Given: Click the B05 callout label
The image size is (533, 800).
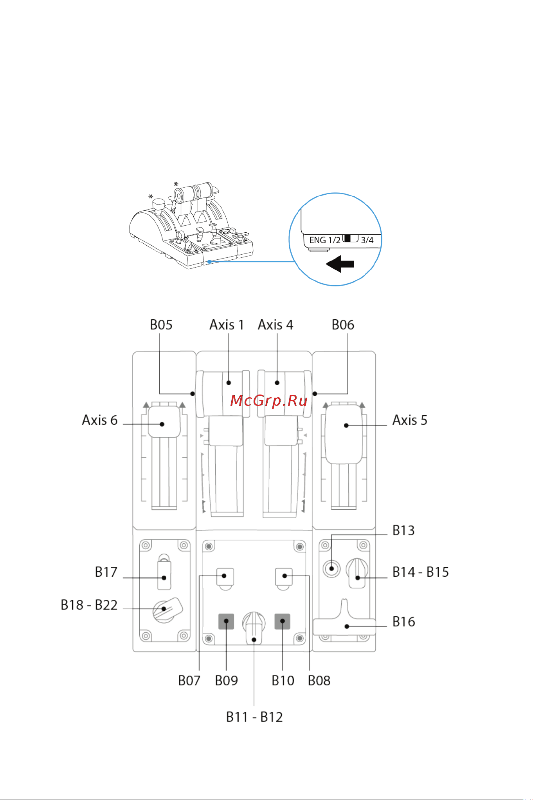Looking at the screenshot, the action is coord(161,325).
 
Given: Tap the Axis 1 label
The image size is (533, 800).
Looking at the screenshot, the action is coord(227,325).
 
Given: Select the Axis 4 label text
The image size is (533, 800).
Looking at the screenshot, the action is coord(276,325).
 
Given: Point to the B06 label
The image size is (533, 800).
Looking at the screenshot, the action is coord(343,325).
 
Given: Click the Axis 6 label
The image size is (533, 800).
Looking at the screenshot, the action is coord(100,420).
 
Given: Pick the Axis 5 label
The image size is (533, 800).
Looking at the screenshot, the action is coord(410,420).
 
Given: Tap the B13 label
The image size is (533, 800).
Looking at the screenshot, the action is coord(403,530).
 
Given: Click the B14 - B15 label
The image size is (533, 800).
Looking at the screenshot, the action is coord(421,572).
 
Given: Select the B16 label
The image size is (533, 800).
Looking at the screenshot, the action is coord(404,622).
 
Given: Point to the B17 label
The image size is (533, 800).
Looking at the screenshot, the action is coord(106,572).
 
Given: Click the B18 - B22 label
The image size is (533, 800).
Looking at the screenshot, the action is coord(89,605).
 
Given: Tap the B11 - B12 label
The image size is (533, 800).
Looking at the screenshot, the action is coord(254,717).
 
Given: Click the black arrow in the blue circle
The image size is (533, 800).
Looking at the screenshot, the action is coord(340,264).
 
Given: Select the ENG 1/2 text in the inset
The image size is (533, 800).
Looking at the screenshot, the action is coord(325,240).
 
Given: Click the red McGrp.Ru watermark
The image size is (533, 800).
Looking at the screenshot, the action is coord(269,401).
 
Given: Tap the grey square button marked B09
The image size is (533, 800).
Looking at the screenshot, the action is coord(226,621).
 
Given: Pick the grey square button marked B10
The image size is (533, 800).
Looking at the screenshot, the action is coord(283,621).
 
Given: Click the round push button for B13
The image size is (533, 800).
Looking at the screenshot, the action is coord(332,568).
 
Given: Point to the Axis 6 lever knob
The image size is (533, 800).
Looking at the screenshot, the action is coord(164,422).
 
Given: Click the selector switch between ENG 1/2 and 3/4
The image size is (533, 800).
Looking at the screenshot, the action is coord(351,239).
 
